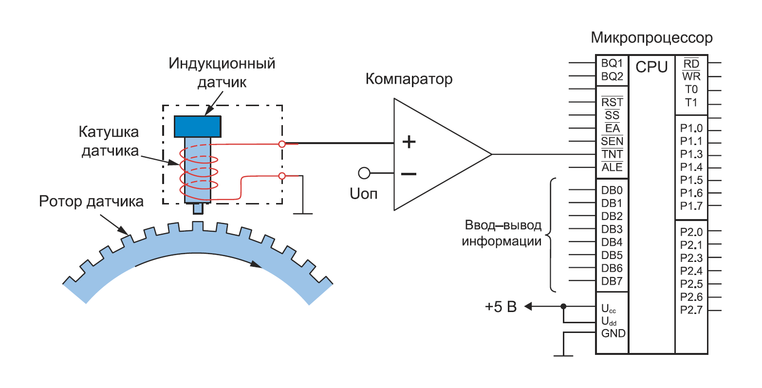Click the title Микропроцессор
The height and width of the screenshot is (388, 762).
point(651,38)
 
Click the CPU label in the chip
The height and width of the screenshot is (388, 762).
point(651,67)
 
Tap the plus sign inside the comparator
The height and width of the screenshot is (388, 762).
point(409,142)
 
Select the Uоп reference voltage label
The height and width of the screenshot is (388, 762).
point(363,194)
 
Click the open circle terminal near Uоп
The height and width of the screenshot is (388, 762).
point(364,173)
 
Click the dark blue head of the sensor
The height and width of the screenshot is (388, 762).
point(198,126)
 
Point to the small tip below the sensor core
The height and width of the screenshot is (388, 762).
point(198,208)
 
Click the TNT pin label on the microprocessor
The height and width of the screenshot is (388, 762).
point(612,154)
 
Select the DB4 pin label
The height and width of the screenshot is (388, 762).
point(612,242)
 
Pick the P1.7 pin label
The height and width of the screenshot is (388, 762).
point(691,206)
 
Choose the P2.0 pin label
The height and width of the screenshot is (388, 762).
point(691,232)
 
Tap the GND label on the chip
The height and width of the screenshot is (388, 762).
point(613,333)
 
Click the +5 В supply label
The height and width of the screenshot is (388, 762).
point(500,307)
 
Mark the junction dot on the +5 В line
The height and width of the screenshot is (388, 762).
point(563,306)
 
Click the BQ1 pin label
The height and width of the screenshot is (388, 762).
point(612,63)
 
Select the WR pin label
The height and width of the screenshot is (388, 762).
point(691,76)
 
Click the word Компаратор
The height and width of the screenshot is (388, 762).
point(409,79)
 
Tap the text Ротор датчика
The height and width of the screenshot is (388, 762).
point(91,201)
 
